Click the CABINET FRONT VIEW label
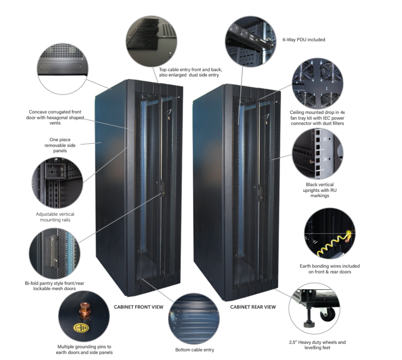pos(139,307)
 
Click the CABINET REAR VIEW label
pos(253,307)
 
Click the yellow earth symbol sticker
pos(81,328)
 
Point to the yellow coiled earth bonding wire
pos(333,244)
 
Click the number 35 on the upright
pos(325,139)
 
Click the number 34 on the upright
pos(325,159)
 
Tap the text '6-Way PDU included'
pos(304,40)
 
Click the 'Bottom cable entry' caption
pos(195,349)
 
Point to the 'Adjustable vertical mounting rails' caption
pos(55,217)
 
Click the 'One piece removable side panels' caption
pos(60,145)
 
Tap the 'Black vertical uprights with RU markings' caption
pos(320,190)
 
